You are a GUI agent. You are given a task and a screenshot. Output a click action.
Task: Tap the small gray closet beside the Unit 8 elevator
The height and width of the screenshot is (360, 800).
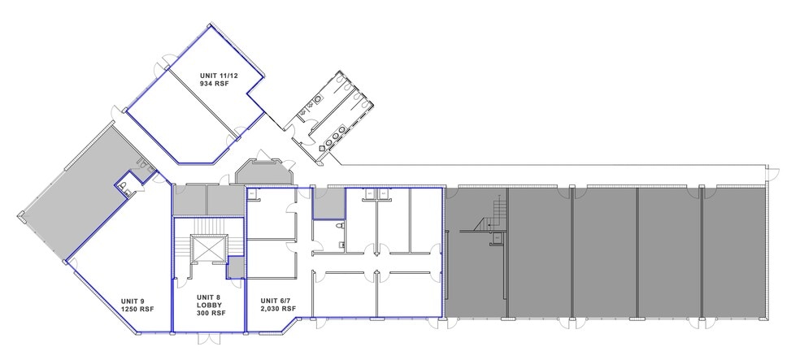236,267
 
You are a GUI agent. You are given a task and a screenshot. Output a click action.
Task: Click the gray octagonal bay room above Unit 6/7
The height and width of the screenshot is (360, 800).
263,172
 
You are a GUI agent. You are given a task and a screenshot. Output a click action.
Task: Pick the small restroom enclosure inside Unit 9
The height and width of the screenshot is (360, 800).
128,182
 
